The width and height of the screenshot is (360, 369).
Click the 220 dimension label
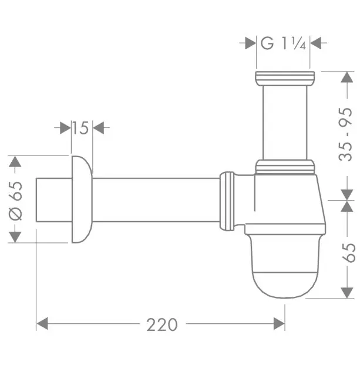click(162, 325)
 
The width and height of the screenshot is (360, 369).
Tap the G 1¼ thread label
click(283, 43)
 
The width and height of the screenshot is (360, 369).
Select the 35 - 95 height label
click(345, 134)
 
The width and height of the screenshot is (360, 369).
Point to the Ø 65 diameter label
click(15, 201)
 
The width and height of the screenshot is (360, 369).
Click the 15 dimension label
click(80, 128)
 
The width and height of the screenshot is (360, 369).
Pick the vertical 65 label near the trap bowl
click(348, 253)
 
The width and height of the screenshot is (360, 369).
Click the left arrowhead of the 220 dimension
click(42, 324)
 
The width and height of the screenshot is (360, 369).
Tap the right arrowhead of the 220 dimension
click(279, 324)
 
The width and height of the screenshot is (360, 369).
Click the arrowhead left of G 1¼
click(250, 43)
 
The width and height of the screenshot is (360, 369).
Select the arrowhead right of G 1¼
click(315, 43)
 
